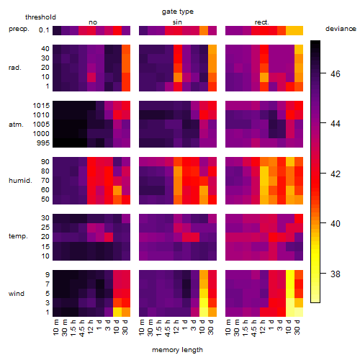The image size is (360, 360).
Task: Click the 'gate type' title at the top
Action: coord(178,12)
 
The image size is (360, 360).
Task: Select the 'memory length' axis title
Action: coord(177,350)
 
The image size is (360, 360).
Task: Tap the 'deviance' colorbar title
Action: coord(341,29)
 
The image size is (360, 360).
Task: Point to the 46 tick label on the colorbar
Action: coord(336,73)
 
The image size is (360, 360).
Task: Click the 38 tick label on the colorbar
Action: coord(336,274)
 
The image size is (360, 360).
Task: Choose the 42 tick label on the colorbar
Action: coord(336,174)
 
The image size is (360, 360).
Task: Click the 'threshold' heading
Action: coord(40,17)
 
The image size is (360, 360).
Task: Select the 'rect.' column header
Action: coord(262,22)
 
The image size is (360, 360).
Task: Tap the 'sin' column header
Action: coord(177,22)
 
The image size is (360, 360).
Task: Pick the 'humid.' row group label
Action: coord(20,181)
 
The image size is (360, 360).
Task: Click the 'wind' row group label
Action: coord(17,294)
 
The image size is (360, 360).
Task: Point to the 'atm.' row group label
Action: coord(16,125)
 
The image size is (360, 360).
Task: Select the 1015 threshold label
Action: coord(41,106)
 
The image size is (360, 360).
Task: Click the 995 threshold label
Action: coord(43,143)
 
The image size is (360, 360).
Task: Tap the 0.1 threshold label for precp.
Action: coord(44,30)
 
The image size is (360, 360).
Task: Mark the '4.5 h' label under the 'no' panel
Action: coord(81,328)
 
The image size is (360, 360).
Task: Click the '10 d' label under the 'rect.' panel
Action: coord(289,327)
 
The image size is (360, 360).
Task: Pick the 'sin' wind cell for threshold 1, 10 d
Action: coord(204,312)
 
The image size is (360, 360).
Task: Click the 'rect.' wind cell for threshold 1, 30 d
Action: coord(299,312)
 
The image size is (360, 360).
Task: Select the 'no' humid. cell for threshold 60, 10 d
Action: coord(117,190)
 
